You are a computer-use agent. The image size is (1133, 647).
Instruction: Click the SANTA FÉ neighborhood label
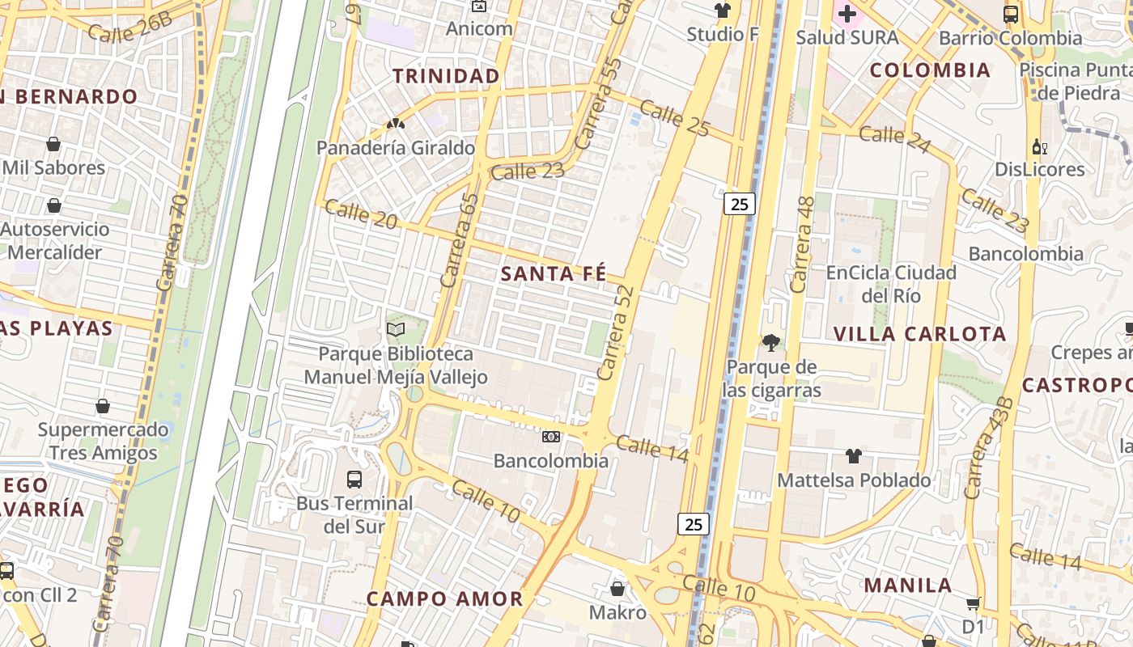553,274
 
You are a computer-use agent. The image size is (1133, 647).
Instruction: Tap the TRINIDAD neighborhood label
446,76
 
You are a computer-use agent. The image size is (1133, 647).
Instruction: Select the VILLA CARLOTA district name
919,334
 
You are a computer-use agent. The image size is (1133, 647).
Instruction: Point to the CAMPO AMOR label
444,599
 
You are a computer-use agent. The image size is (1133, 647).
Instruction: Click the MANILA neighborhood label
907,585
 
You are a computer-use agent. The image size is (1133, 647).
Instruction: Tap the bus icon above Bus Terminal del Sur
354,479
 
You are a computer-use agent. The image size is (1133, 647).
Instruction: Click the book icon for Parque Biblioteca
396,329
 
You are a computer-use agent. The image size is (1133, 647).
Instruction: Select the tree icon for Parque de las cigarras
771,343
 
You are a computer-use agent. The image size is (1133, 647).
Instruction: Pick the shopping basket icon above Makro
617,588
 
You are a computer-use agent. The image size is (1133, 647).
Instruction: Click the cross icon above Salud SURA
847,14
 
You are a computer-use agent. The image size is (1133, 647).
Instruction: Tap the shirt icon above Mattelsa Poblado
853,456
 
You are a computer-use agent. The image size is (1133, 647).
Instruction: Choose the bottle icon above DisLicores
1039,146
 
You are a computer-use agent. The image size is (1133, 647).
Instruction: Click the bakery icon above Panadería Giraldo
395,125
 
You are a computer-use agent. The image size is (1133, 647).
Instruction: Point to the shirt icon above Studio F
722,11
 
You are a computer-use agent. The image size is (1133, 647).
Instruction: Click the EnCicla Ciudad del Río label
890,284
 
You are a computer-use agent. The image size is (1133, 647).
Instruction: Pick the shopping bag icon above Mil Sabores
53,144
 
